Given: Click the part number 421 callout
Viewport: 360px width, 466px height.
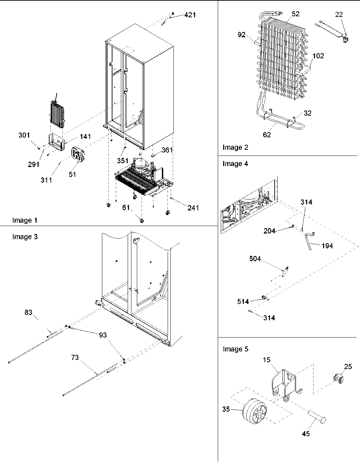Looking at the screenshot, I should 190,15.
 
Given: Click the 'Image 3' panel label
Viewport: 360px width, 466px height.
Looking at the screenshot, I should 25,237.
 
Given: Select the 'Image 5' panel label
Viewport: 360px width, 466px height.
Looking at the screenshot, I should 235,349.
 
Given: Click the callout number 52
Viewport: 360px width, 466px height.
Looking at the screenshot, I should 295,14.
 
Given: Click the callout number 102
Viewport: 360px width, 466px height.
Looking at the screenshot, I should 318,56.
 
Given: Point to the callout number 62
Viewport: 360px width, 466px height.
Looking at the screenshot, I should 267,135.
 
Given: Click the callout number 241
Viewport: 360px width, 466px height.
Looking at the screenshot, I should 193,208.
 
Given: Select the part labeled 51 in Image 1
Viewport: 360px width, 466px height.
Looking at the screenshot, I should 78,157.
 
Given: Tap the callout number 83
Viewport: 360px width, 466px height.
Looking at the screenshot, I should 28,312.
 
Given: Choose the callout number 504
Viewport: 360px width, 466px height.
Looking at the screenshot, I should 255,259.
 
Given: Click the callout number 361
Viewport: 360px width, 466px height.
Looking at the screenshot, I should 167,150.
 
